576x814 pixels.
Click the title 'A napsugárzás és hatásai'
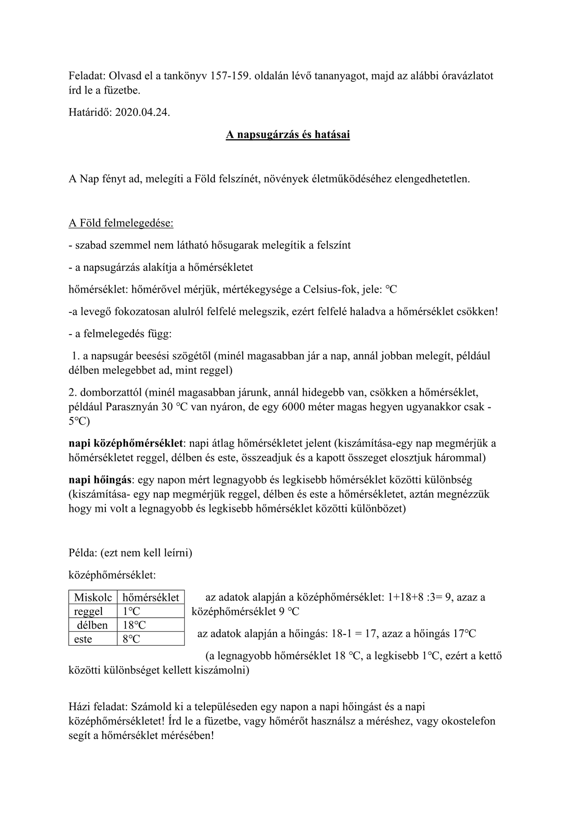click(288, 135)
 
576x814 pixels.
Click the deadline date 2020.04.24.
click(143, 113)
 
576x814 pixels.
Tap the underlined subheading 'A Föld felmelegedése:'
click(121, 223)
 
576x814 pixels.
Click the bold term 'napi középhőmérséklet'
click(126, 443)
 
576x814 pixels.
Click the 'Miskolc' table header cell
click(93, 597)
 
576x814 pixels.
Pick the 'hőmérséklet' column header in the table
click(151, 597)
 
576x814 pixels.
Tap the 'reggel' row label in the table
click(89, 611)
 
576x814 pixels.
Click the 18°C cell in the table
click(134, 625)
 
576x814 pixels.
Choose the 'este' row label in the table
click(83, 639)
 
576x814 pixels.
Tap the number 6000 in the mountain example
click(295, 407)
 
